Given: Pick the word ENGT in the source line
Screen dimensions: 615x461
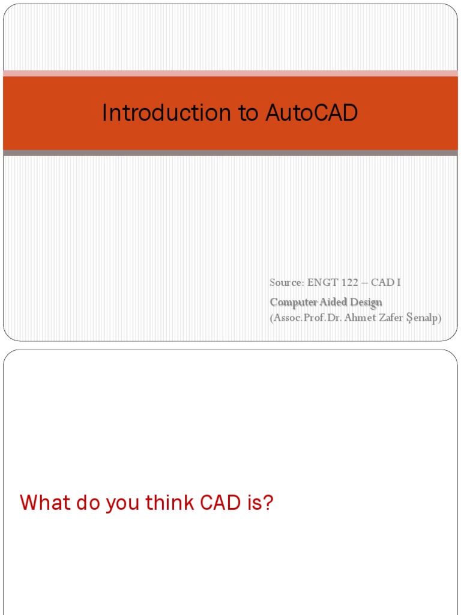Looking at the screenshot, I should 322,282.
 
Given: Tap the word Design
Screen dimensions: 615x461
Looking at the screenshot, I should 366,301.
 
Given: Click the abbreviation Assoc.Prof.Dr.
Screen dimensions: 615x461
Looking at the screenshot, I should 307,318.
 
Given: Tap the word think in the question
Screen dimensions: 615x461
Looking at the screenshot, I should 170,503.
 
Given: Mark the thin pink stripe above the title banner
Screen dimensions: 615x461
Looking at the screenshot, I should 230,73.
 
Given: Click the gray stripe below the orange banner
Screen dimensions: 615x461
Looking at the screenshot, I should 230,153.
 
